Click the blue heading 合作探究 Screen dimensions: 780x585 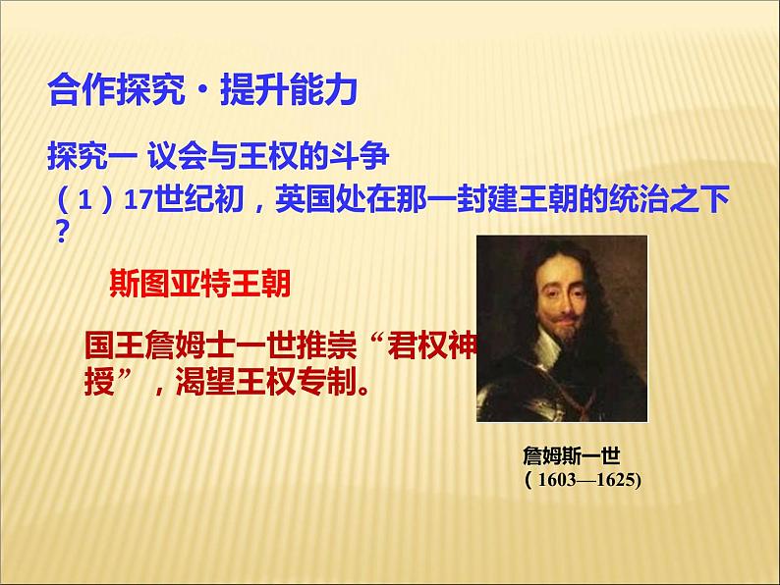pos(117,89)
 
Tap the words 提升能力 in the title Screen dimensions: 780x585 pos(289,89)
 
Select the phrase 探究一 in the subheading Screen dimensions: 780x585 pos(92,156)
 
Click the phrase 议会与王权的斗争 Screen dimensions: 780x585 pos(268,156)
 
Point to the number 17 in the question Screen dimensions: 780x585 pos(138,200)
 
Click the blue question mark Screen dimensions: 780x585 pos(62,232)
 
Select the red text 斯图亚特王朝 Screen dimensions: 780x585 pos(200,284)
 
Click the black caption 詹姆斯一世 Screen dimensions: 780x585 pos(572,455)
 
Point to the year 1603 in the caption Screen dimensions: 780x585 pos(557,480)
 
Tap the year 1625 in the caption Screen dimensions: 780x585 pos(615,480)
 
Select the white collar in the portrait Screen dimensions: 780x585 pos(547,350)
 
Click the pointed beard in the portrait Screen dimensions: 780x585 pos(567,337)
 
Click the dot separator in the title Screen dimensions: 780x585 pos(202,91)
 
